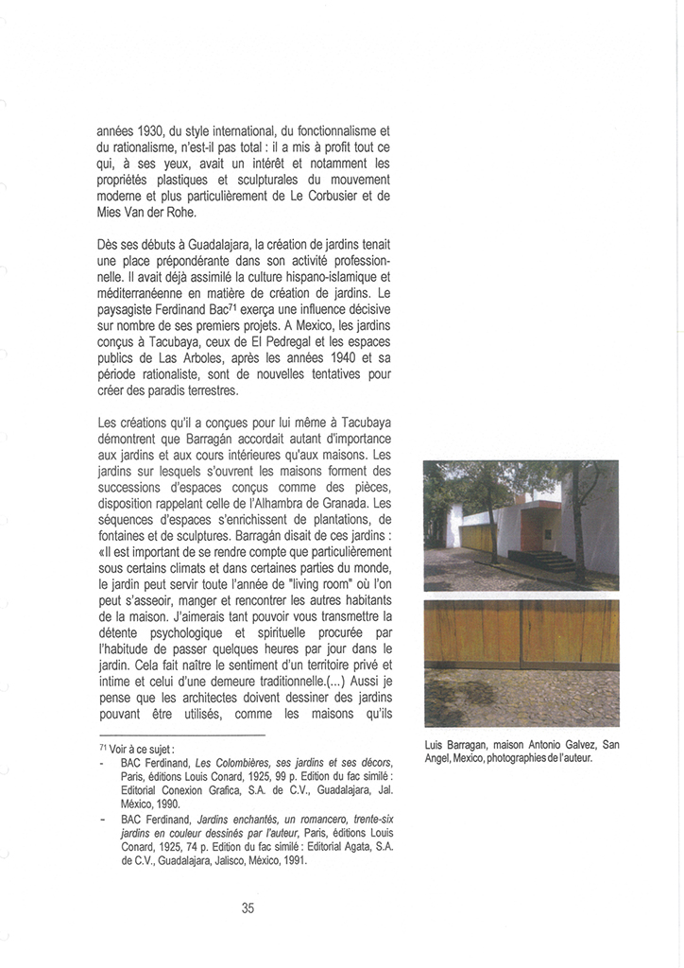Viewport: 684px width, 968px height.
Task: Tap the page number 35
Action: (x=248, y=908)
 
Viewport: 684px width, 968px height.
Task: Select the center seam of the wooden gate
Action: (x=520, y=633)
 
